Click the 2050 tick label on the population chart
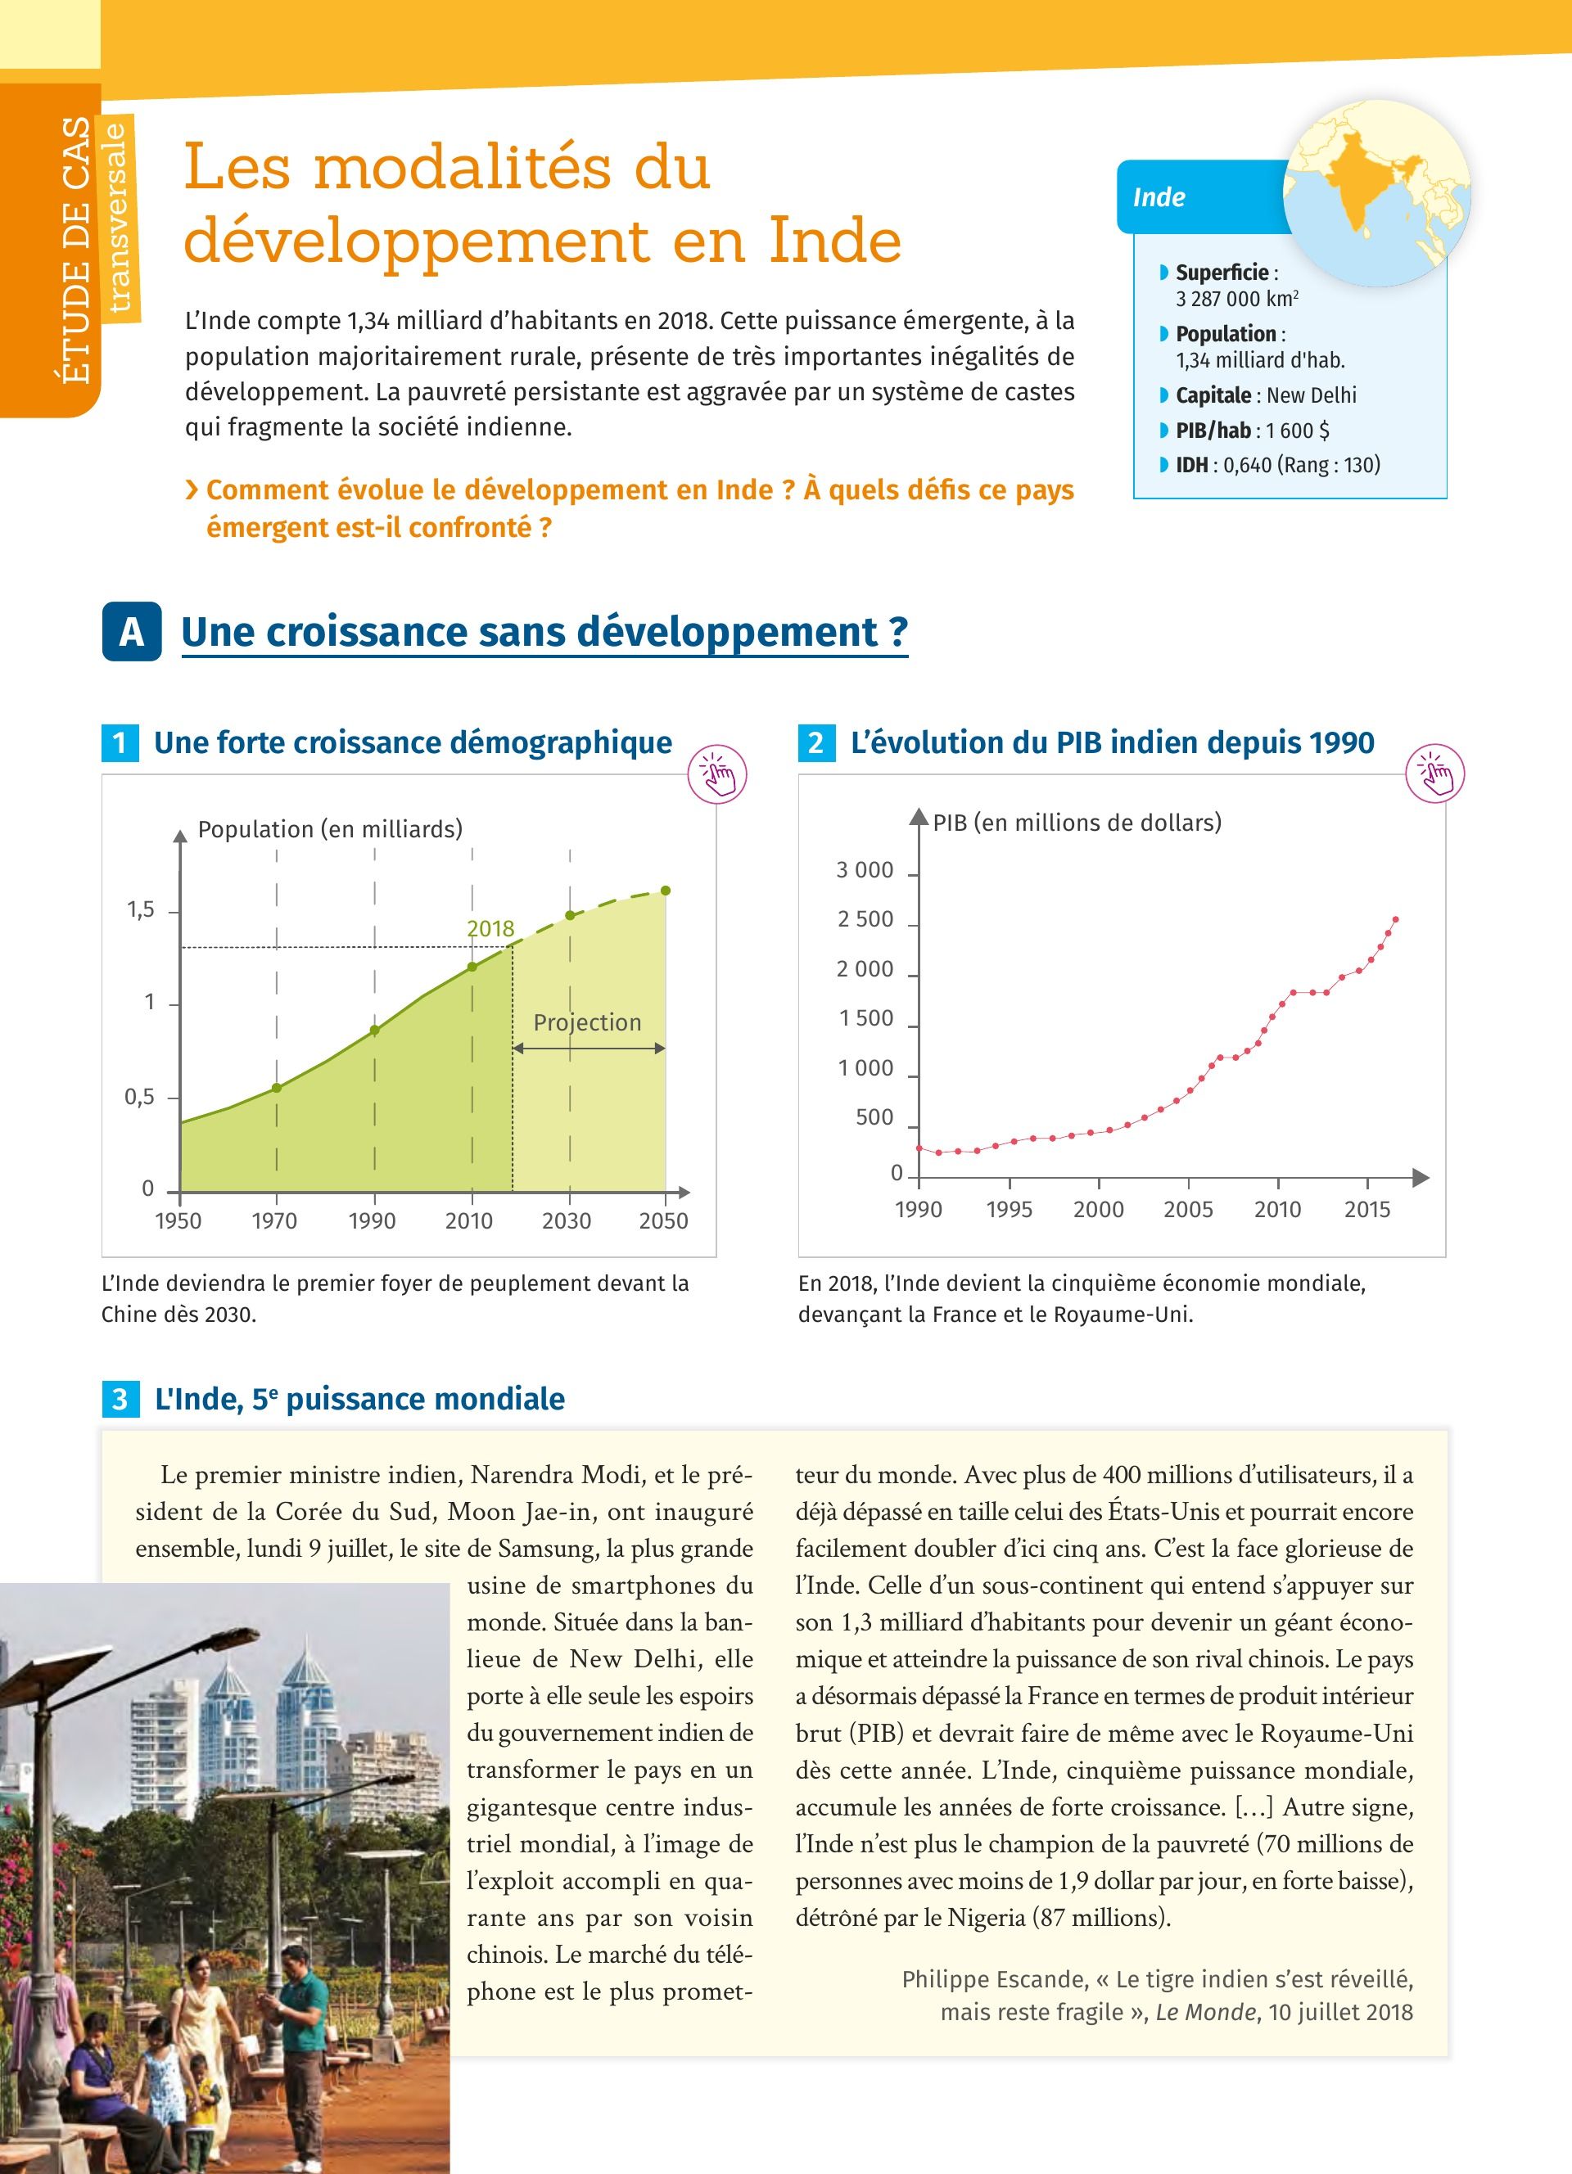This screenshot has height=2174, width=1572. [663, 1220]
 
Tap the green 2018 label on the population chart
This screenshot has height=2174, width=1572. [490, 928]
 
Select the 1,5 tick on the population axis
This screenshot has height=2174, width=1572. [141, 909]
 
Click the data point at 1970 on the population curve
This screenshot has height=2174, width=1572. [277, 1088]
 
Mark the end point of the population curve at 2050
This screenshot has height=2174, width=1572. [666, 891]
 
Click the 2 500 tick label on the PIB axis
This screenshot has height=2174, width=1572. [865, 919]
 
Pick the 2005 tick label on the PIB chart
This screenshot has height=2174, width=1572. [1188, 1210]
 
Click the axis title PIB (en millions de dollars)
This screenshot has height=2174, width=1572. [1077, 823]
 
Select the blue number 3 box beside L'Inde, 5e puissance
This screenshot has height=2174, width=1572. [120, 1400]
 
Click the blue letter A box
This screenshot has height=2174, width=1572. [131, 632]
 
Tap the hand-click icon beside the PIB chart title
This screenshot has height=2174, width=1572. [1435, 774]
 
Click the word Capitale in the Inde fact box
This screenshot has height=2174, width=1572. [1213, 395]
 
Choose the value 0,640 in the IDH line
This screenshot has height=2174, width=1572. [1247, 465]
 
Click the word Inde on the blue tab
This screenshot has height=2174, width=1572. [1159, 197]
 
